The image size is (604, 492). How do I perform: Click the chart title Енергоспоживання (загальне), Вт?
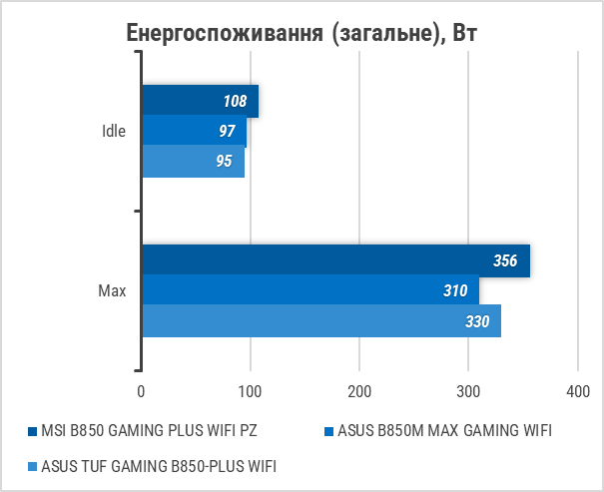tap(302, 32)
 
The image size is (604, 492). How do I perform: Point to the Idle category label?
tap(114, 132)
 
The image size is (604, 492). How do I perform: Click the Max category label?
tap(112, 291)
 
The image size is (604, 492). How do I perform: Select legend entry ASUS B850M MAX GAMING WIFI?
tap(443, 431)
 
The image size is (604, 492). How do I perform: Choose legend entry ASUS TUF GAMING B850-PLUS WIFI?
tap(159, 466)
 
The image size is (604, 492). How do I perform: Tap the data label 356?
tap(505, 261)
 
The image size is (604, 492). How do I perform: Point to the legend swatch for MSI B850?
tap(32, 432)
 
